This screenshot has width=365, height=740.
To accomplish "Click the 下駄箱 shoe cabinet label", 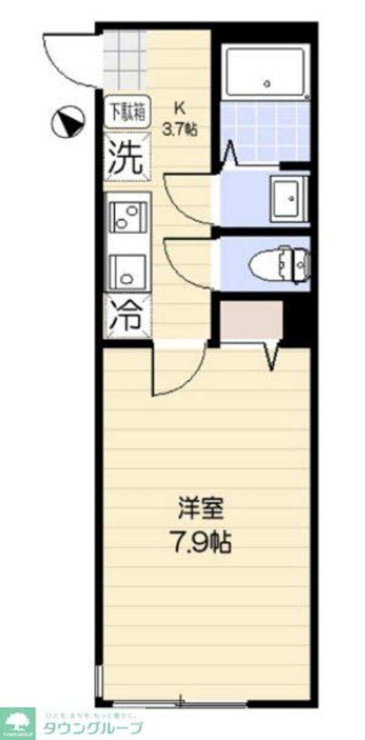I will click(x=127, y=113).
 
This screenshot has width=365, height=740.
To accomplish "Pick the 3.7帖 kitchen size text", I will click(x=179, y=129).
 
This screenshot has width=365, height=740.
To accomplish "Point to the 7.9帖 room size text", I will click(x=200, y=542).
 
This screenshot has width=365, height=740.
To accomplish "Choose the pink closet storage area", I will click(x=251, y=320).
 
